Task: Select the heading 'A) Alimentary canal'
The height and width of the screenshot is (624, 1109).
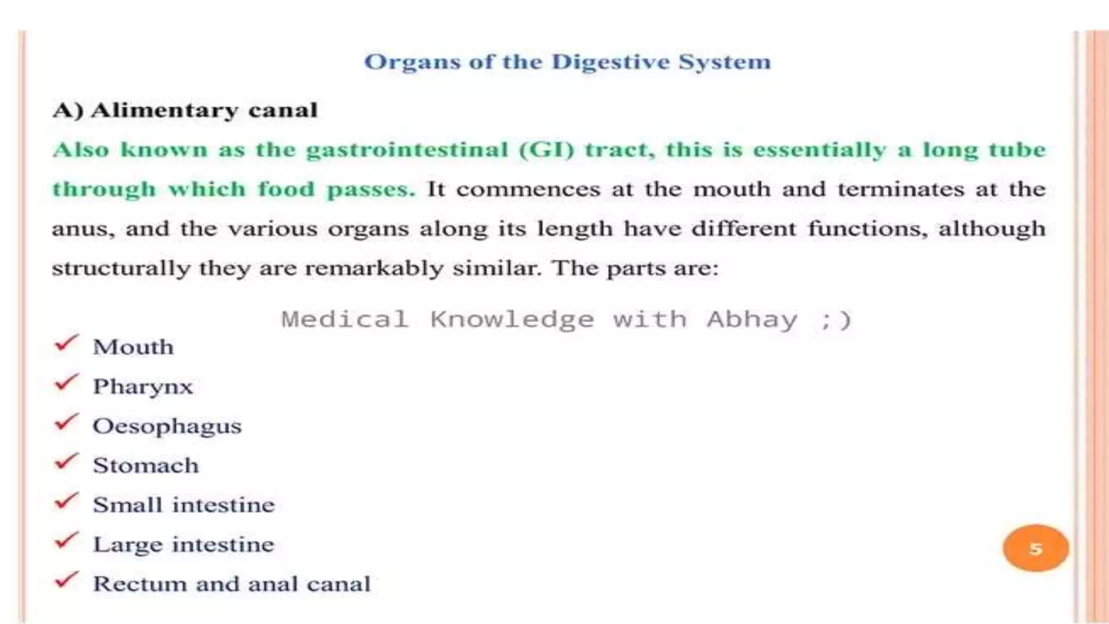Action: [x=185, y=110]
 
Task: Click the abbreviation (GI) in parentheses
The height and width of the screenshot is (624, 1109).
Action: [x=546, y=150]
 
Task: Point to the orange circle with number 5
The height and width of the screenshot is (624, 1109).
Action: [x=1035, y=548]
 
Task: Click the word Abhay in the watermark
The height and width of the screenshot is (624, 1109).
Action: [x=752, y=320]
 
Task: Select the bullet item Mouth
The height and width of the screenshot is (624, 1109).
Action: [x=133, y=347]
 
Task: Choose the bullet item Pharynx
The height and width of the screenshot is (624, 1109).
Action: [x=143, y=387]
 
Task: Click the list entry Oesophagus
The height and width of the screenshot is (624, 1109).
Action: [x=167, y=426]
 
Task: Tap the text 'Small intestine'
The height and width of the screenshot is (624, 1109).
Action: [x=184, y=505]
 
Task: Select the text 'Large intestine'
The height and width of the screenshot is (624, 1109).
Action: [x=184, y=544]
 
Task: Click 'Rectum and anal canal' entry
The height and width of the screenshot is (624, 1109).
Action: [x=232, y=584]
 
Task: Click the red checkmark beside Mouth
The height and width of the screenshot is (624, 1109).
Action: [x=67, y=343]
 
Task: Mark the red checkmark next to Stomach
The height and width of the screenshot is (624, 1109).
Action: [x=67, y=461]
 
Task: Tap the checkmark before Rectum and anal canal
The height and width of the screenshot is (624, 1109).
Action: [x=67, y=580]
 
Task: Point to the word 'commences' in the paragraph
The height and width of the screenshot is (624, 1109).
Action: [x=528, y=190]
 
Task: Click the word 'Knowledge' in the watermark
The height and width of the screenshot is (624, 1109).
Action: [x=512, y=320]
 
